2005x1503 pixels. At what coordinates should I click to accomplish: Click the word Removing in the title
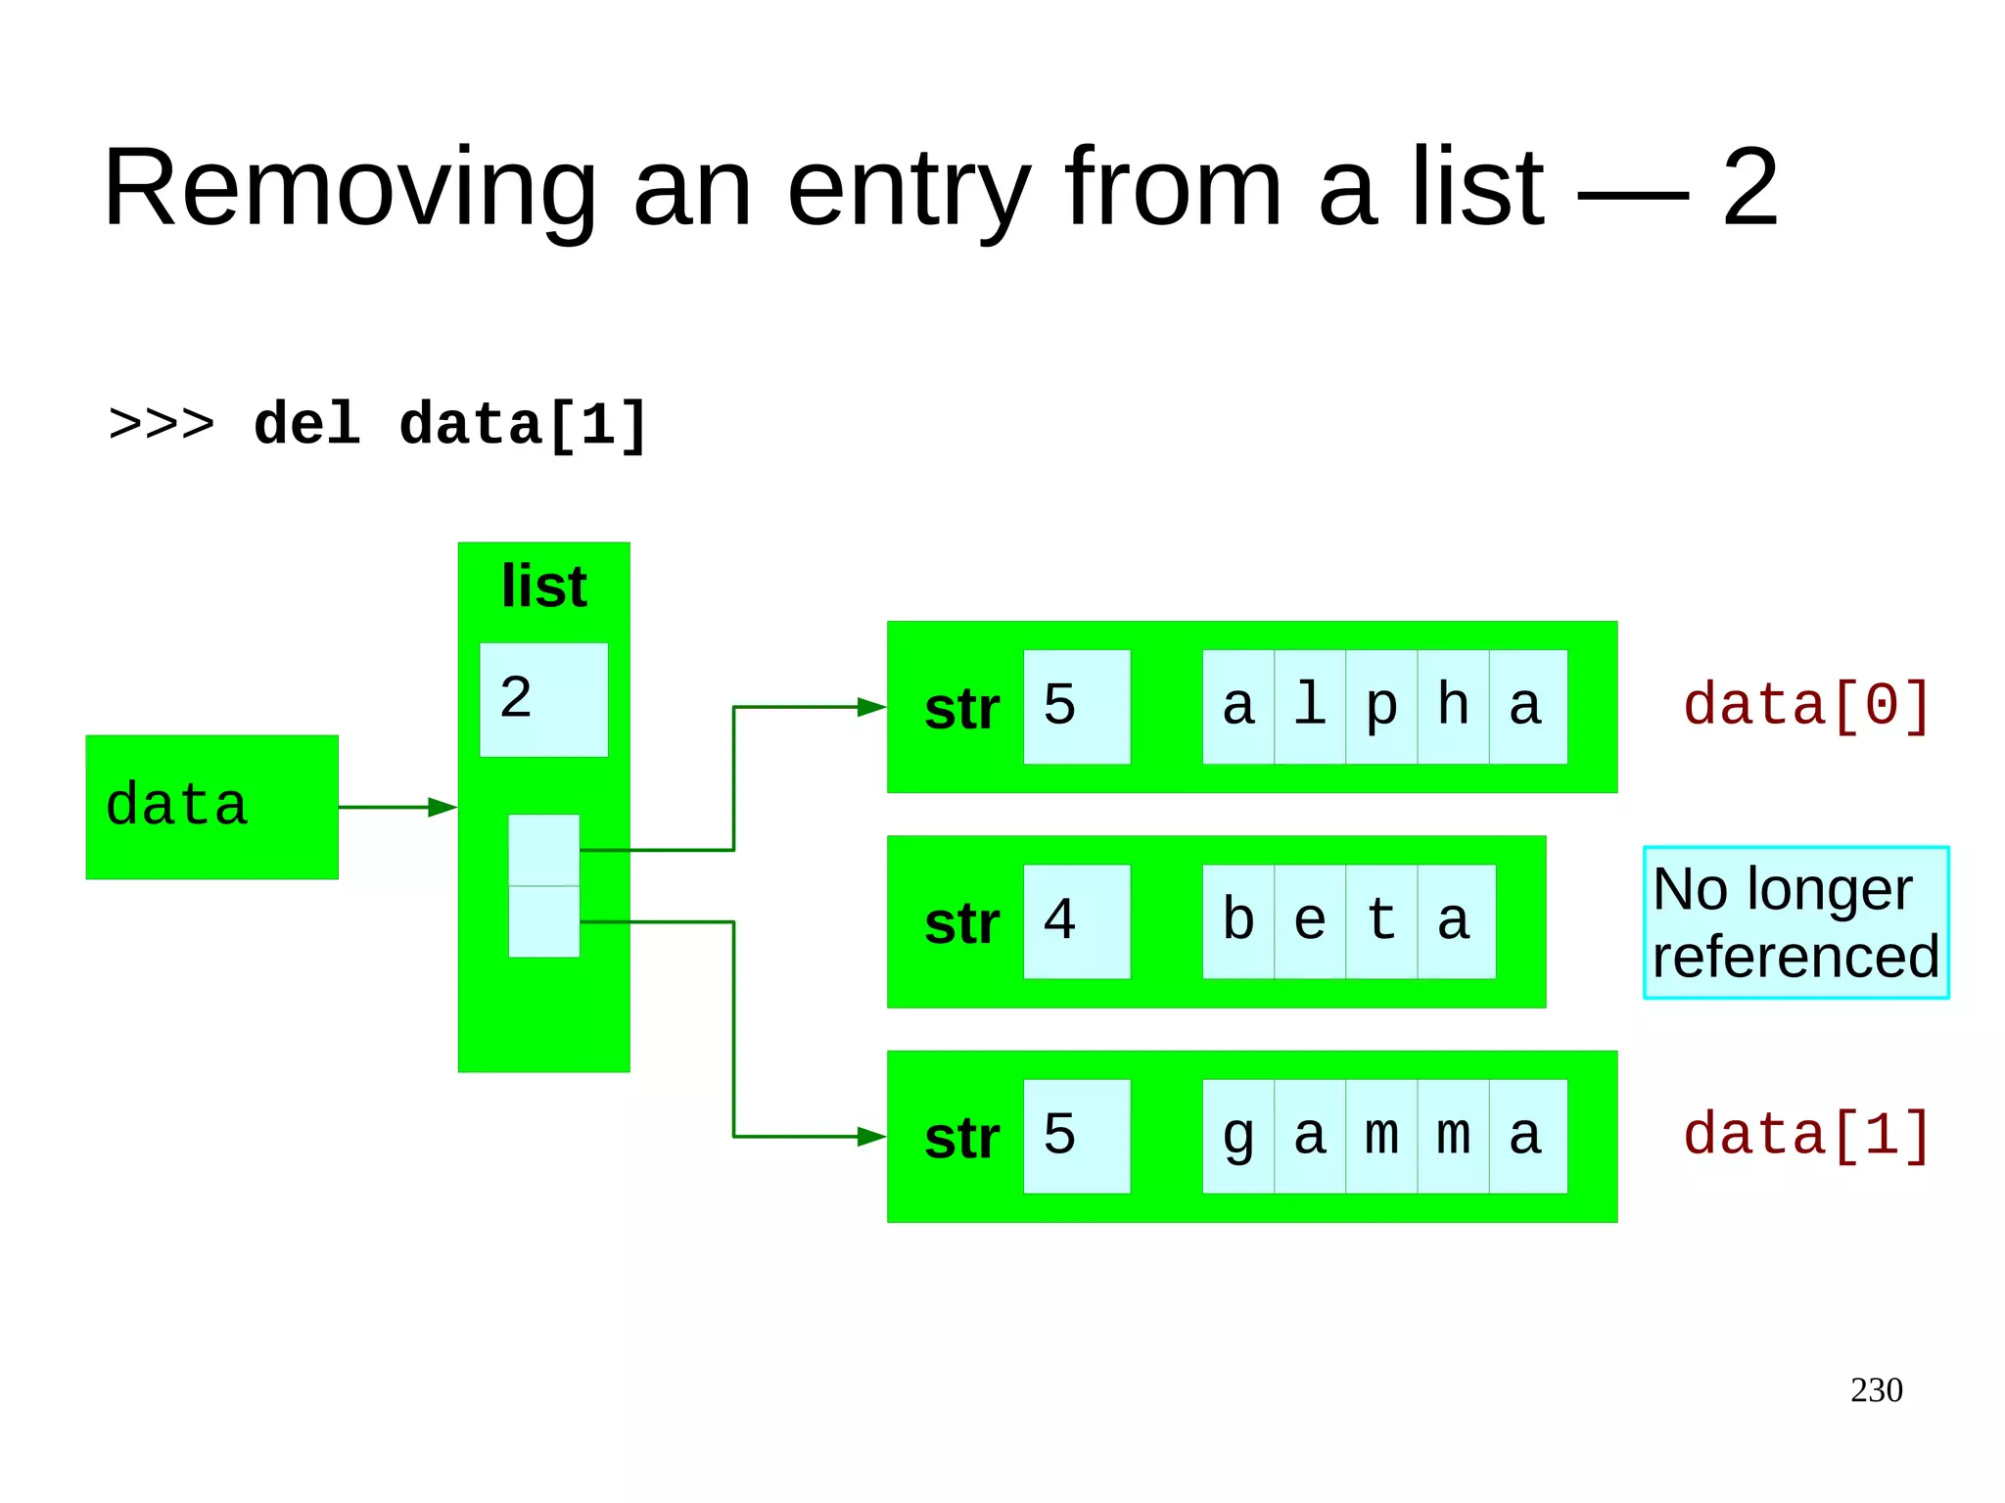[350, 188]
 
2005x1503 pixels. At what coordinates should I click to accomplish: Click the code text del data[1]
[450, 425]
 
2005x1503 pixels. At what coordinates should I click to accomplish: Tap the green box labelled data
[211, 807]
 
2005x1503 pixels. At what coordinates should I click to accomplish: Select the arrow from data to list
[396, 808]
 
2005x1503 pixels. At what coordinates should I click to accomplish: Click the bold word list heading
[543, 587]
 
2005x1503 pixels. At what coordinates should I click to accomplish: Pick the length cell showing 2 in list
[543, 699]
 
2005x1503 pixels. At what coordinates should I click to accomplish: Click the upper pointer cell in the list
[543, 850]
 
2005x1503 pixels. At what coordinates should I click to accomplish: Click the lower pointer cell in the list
[543, 921]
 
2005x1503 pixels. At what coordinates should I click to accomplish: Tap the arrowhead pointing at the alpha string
[871, 707]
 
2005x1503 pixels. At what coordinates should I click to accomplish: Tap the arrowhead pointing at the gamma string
[871, 1137]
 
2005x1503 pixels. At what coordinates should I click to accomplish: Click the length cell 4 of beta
[1076, 921]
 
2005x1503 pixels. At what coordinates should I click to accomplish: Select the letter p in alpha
[1381, 707]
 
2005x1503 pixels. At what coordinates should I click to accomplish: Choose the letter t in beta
[1381, 921]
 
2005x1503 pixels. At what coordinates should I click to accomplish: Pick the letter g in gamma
[1238, 1137]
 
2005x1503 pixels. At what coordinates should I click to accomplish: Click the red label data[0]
[1806, 705]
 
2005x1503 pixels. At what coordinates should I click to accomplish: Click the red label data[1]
[1806, 1136]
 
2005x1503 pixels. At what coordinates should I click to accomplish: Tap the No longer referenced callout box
[1795, 922]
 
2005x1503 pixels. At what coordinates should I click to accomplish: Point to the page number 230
[1876, 1390]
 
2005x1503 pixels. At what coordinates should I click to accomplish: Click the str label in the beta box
[961, 923]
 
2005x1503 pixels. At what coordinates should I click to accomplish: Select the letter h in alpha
[1453, 707]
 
